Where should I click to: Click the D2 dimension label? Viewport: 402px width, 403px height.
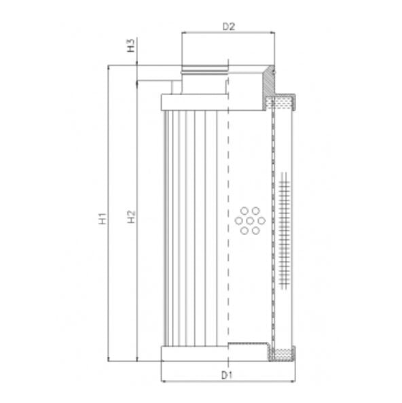pyautogui.click(x=229, y=27)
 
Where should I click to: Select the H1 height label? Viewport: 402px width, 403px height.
pyautogui.click(x=101, y=219)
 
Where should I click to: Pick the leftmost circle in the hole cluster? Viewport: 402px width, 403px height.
pyautogui.click(x=238, y=220)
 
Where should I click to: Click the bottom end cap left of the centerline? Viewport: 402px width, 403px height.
pyautogui.click(x=194, y=353)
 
